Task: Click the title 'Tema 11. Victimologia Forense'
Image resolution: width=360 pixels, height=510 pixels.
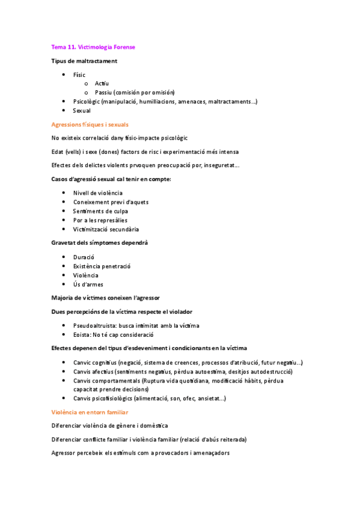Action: [x=97, y=47]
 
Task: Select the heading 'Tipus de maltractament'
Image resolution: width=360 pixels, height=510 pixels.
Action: [x=84, y=61]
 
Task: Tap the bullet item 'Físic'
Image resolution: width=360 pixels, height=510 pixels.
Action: [x=79, y=75]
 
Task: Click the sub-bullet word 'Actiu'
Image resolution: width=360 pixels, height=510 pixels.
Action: [x=102, y=84]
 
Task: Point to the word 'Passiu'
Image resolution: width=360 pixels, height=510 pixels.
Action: [x=103, y=93]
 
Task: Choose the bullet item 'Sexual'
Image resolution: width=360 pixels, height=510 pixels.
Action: [x=82, y=111]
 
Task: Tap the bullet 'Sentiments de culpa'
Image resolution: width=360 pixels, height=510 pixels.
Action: [x=100, y=210]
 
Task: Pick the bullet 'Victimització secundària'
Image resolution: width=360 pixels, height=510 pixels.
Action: [x=106, y=229]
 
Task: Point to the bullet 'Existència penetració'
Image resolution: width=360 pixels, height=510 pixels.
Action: [x=102, y=266]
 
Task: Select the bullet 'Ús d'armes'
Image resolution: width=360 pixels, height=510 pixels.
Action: [x=87, y=284]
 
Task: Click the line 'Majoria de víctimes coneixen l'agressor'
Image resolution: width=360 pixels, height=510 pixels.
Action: [x=106, y=298]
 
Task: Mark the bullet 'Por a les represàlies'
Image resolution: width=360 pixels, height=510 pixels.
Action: [x=100, y=220]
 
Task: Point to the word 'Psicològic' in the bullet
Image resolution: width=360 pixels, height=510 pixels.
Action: [x=86, y=102]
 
